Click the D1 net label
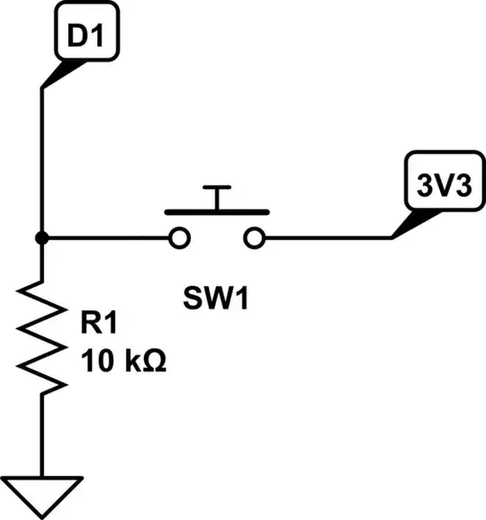86,37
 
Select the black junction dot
41,238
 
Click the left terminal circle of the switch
179,238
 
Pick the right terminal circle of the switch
256,238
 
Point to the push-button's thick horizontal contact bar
217,212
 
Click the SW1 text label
216,297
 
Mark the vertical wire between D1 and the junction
41,162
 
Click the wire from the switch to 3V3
328,238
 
